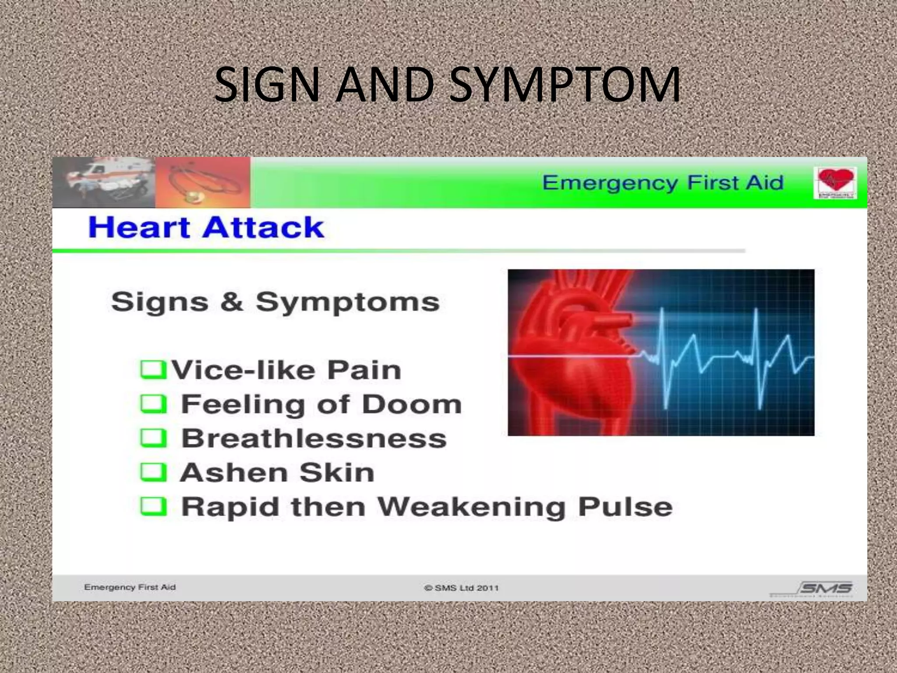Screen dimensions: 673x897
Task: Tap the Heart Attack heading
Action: (x=206, y=227)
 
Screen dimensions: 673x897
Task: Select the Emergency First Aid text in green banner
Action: (x=662, y=182)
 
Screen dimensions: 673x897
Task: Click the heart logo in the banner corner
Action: (x=835, y=183)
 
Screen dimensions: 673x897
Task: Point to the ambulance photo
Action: (x=104, y=182)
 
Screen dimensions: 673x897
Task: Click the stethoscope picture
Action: (x=203, y=182)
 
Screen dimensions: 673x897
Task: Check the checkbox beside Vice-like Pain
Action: (x=153, y=369)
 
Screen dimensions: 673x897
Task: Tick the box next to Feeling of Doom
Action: (x=153, y=404)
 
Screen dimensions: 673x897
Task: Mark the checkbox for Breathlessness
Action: (x=153, y=438)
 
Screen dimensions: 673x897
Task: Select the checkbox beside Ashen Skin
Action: (x=153, y=472)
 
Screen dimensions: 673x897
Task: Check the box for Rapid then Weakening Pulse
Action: (x=153, y=506)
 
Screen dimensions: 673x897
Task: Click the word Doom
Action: (x=412, y=404)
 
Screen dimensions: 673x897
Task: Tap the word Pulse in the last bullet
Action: (x=625, y=507)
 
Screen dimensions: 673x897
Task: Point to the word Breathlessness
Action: (x=314, y=438)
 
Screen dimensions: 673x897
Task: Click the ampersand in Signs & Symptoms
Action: (x=232, y=301)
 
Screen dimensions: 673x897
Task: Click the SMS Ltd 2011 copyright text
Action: (x=461, y=588)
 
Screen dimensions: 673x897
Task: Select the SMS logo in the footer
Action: (x=825, y=588)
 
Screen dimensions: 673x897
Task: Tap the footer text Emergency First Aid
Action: (x=130, y=587)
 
